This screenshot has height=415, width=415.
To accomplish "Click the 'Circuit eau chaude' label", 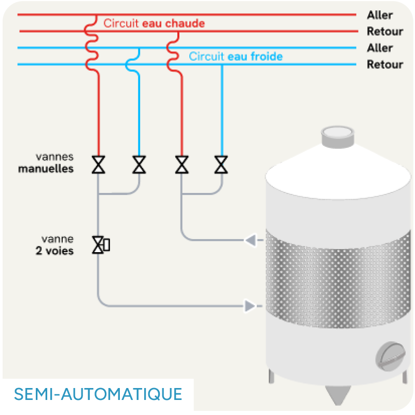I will pyautogui.click(x=154, y=23).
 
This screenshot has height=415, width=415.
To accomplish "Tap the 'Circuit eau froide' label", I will pyautogui.click(x=236, y=56).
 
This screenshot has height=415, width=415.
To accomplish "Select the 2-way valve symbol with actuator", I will pyautogui.click(x=100, y=245).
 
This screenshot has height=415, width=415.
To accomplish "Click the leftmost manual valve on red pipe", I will pyautogui.click(x=98, y=164).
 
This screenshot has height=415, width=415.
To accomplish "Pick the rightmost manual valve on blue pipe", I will pyautogui.click(x=222, y=164).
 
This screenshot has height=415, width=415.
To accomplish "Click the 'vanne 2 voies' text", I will pyautogui.click(x=58, y=245).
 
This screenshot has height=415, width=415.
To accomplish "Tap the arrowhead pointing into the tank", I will pyautogui.click(x=251, y=306).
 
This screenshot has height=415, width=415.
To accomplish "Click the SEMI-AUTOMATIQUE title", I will pyautogui.click(x=98, y=394).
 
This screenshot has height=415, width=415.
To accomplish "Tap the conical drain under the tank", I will pyautogui.click(x=336, y=394).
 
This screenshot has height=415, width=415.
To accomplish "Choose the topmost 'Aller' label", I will pyautogui.click(x=380, y=15).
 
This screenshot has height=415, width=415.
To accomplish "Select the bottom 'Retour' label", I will pyautogui.click(x=384, y=65).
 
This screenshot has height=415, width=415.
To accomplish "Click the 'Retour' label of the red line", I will pyautogui.click(x=384, y=32).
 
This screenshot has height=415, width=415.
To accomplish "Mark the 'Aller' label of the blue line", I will pyautogui.click(x=380, y=48).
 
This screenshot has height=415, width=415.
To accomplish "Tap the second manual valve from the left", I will pyautogui.click(x=139, y=164).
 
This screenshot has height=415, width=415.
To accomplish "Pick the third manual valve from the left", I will pyautogui.click(x=182, y=164).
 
